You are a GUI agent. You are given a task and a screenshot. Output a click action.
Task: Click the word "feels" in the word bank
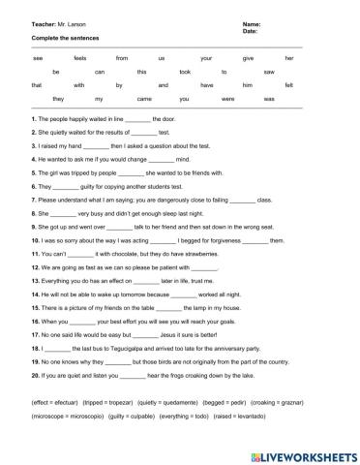(x=80, y=58)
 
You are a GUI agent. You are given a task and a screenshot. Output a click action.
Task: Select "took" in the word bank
(x=185, y=72)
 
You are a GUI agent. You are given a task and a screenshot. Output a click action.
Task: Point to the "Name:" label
(x=225, y=21)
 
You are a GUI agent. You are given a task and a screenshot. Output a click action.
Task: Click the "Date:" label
(x=224, y=30)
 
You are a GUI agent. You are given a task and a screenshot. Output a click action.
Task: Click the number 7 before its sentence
(x=33, y=198)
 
